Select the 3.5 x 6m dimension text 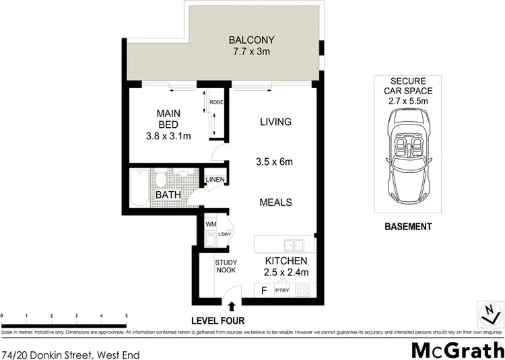(x=275, y=162)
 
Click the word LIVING (x=275, y=122)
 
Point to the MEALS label (x=275, y=201)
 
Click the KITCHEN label (x=286, y=260)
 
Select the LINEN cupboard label (x=215, y=180)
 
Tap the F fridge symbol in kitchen (x=263, y=291)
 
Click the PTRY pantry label (x=282, y=291)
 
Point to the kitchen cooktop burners (x=303, y=291)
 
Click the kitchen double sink (x=294, y=244)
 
